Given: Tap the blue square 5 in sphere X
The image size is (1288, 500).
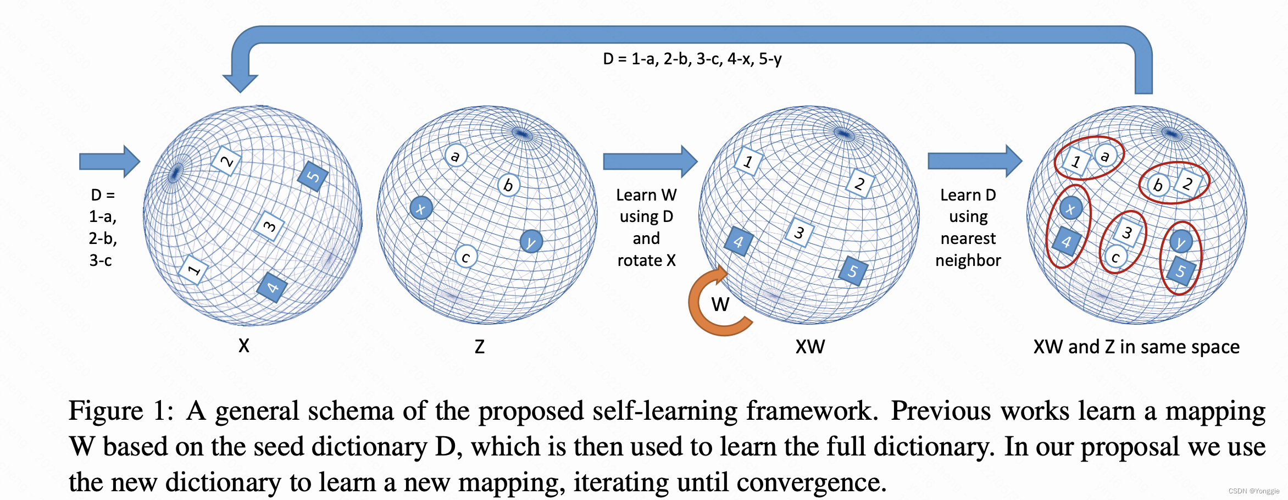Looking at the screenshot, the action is (x=313, y=176).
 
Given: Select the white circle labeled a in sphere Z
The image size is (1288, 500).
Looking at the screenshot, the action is (x=456, y=155).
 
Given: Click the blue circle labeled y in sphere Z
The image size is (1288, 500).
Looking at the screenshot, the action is (x=531, y=241).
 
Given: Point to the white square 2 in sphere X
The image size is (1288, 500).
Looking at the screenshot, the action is (x=226, y=162).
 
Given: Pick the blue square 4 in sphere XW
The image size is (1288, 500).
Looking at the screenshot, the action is (x=739, y=241).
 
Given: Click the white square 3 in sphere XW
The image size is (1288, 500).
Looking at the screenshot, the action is (x=800, y=232).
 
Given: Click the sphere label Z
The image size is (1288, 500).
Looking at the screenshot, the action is (x=480, y=347).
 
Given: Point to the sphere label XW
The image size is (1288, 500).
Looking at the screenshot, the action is (x=810, y=347).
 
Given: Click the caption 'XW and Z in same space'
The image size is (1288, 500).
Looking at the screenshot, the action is (x=1136, y=347).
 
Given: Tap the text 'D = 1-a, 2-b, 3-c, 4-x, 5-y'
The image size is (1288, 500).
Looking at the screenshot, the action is (x=692, y=59).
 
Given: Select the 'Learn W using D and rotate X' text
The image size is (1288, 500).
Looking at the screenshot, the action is (x=646, y=227).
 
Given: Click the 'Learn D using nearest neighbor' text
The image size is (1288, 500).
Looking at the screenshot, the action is (x=968, y=227).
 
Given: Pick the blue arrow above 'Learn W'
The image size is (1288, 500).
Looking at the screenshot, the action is (x=649, y=162).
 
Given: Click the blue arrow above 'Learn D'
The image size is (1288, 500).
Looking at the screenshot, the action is (x=974, y=161).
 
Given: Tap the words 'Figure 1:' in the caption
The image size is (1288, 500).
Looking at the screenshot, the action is (x=120, y=411).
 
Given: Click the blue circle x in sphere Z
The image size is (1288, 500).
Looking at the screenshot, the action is (x=421, y=208).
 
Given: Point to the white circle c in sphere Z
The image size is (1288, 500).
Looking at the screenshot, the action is (x=466, y=257).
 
